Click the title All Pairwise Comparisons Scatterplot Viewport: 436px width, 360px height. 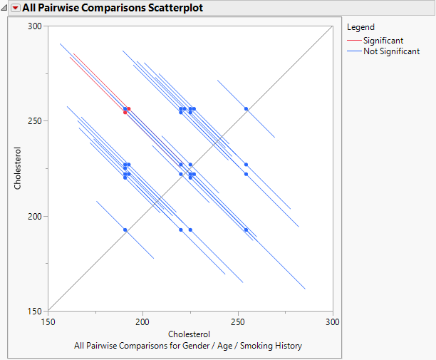[x=113, y=9]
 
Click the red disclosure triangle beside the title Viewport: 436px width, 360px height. [x=15, y=9]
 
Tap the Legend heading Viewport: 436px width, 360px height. [x=360, y=27]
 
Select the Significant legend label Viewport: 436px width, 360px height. [x=383, y=41]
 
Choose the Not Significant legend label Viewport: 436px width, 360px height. [x=391, y=51]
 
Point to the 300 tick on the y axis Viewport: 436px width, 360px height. [x=34, y=26]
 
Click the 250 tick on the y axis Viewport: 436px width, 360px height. [x=34, y=121]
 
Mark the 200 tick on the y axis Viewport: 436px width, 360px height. [x=34, y=216]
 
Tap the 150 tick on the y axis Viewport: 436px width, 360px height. [x=34, y=312]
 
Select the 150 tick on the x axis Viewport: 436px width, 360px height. [x=48, y=322]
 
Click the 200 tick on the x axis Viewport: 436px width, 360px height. [x=142, y=322]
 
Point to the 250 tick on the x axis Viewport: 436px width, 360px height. [x=237, y=322]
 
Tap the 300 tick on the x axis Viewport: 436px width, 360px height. [x=332, y=322]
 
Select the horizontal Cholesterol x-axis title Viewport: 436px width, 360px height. [x=190, y=334]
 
